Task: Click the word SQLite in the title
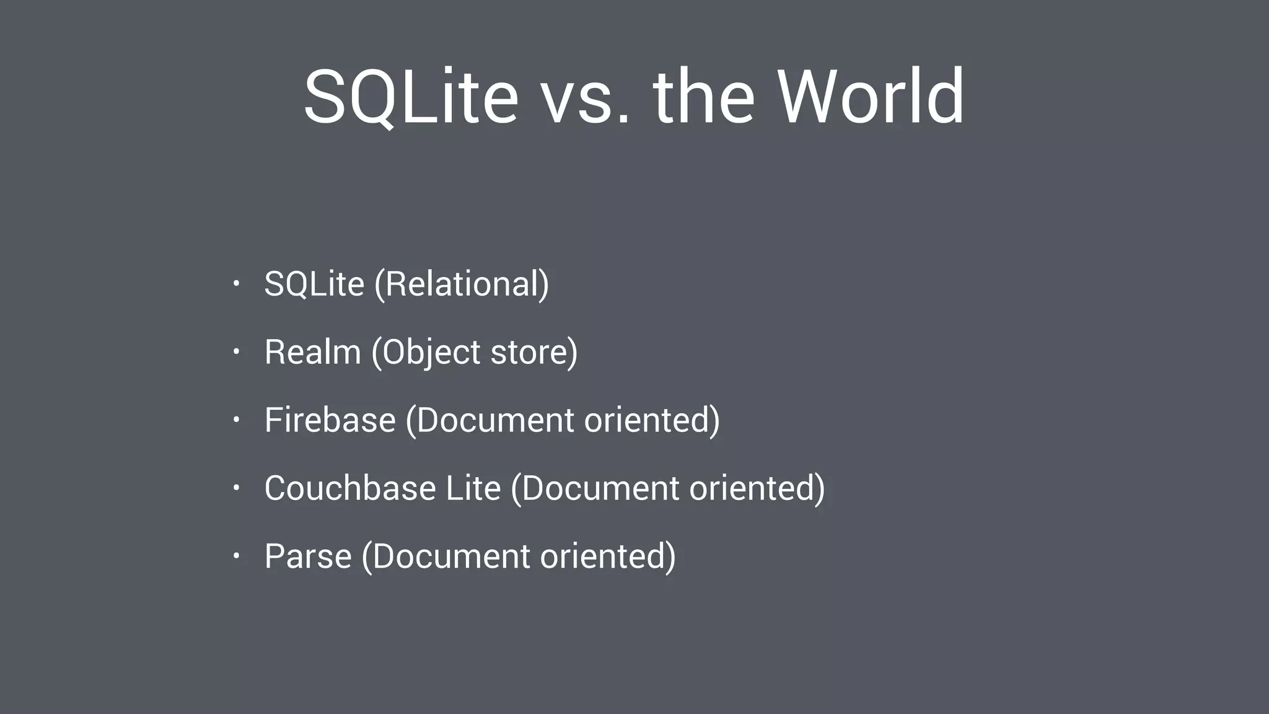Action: tap(411, 97)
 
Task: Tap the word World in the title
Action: tap(871, 97)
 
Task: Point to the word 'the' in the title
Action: tap(704, 97)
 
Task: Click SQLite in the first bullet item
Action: tap(314, 284)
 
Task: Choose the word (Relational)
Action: tap(462, 284)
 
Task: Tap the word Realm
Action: tap(312, 352)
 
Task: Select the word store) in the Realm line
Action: tap(534, 353)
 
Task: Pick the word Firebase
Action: tap(330, 420)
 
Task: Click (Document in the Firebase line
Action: tap(490, 420)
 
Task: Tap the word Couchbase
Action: tap(350, 488)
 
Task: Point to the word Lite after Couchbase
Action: tap(473, 488)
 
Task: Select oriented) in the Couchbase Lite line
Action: tap(757, 488)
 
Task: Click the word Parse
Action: tap(308, 556)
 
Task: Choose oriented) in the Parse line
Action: tap(607, 557)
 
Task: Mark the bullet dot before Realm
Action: tap(236, 352)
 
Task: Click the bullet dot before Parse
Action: tap(236, 556)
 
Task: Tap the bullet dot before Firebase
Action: tap(236, 420)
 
